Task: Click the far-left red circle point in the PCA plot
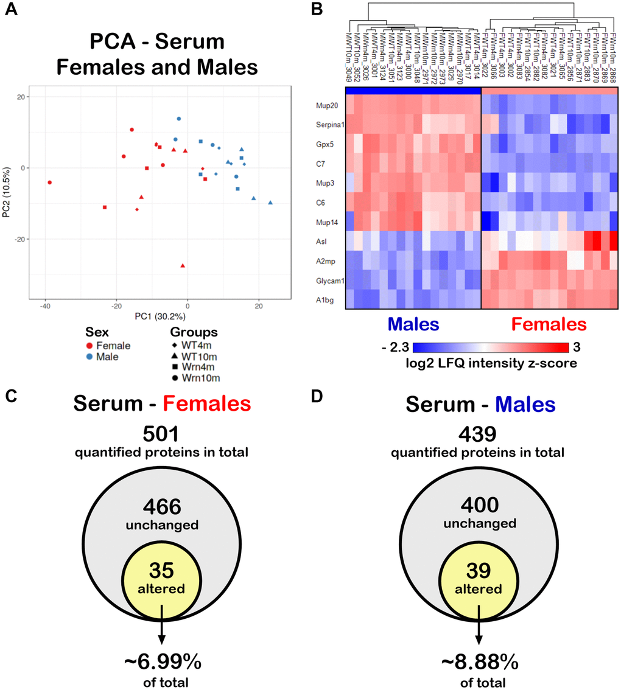tap(50, 182)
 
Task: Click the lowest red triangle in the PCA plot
tap(183, 265)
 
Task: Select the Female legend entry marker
tap(89, 346)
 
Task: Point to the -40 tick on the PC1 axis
tap(45, 305)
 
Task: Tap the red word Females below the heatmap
tap(549, 323)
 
